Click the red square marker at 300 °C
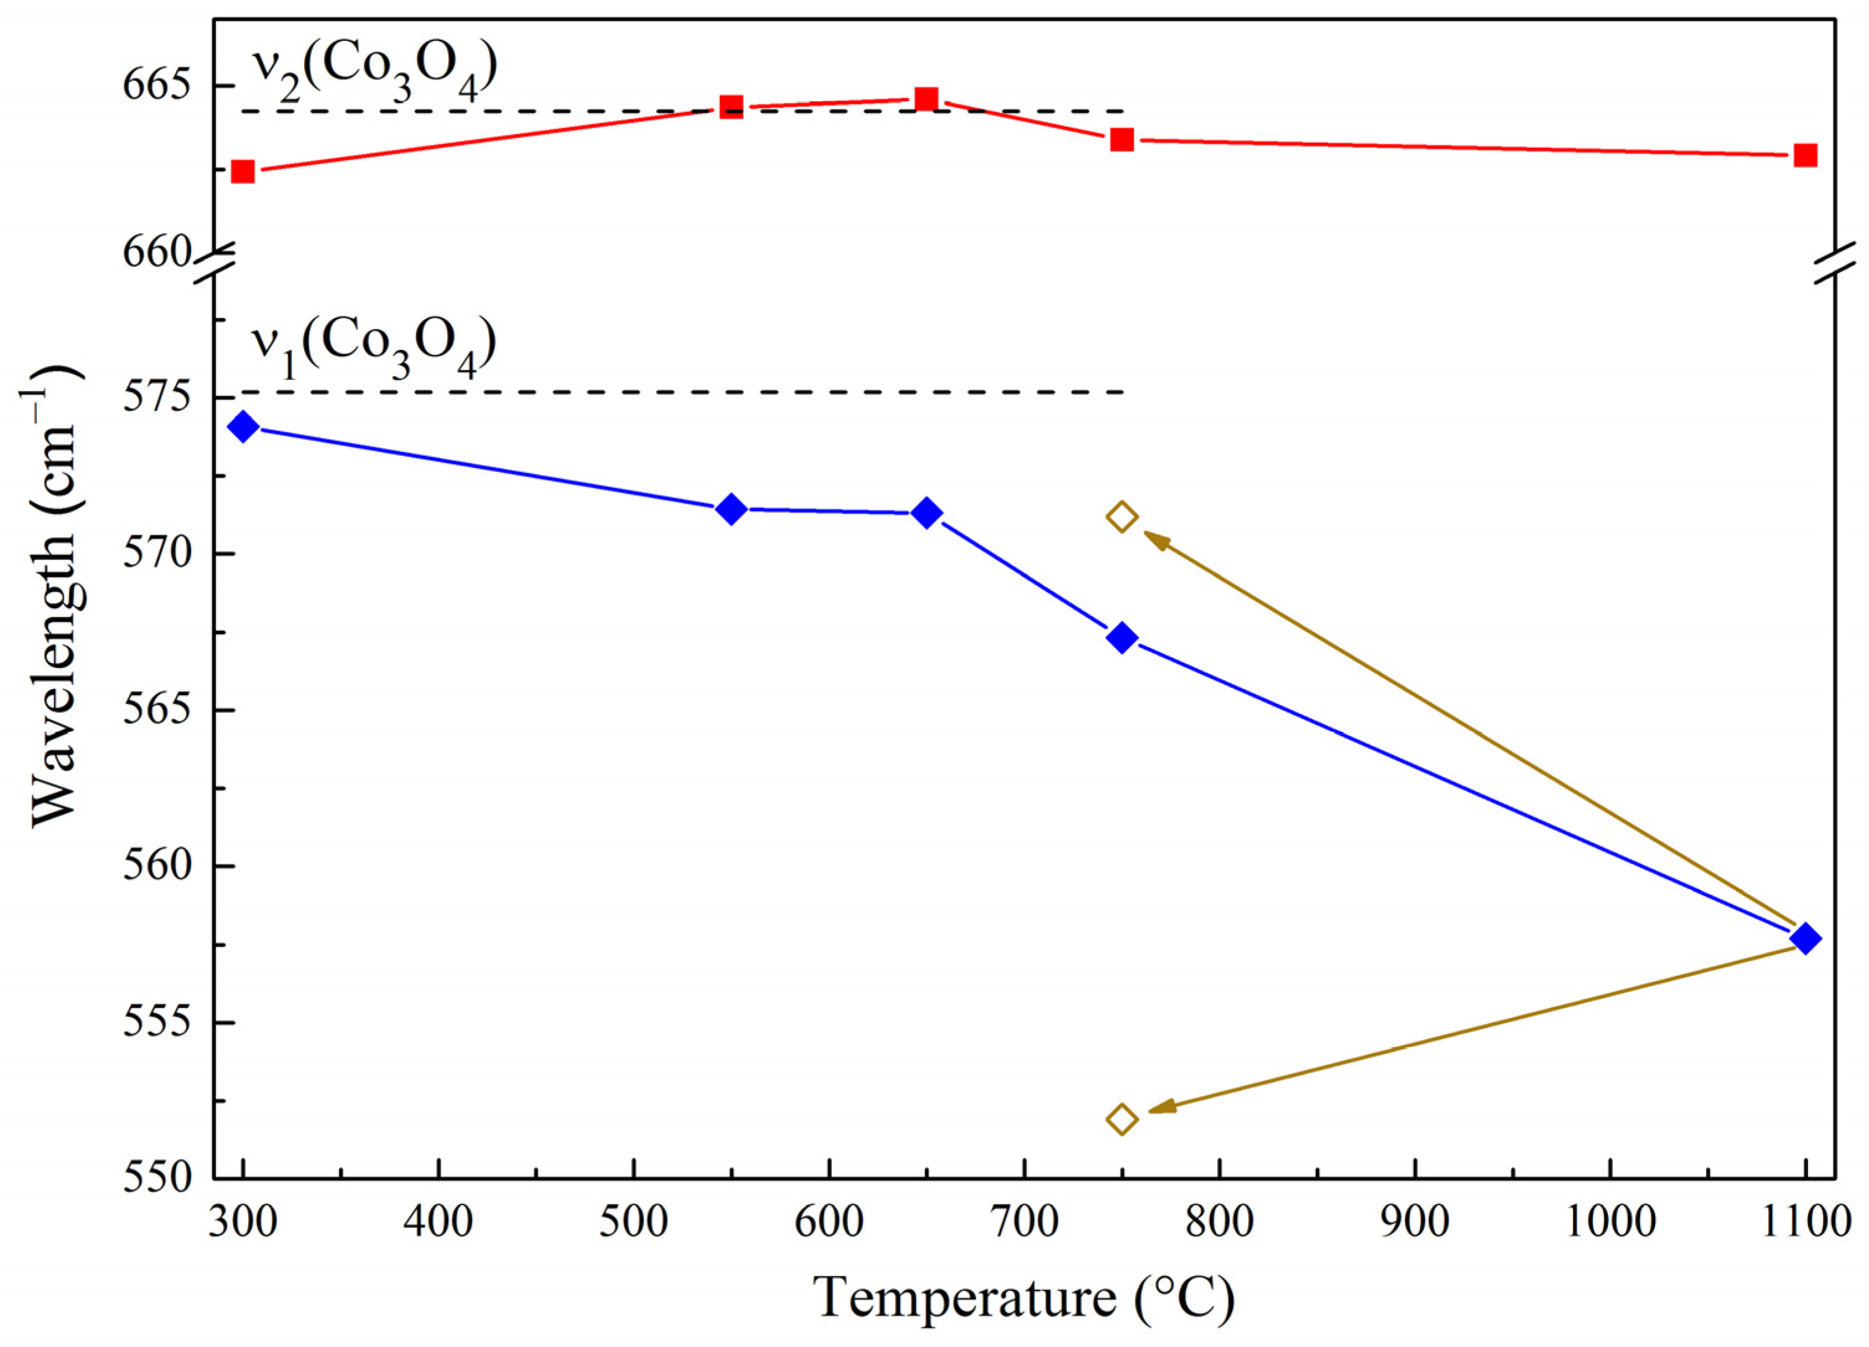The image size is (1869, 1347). [242, 172]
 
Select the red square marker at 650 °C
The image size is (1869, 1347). [926, 99]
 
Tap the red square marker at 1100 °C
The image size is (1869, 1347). [1806, 155]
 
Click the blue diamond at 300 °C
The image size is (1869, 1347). [242, 427]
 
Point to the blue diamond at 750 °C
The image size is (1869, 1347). [1122, 637]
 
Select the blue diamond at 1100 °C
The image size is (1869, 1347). [1806, 938]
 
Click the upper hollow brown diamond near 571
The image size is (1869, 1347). [1122, 517]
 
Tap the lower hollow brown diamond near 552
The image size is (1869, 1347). [1122, 1119]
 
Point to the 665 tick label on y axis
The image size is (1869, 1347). [157, 85]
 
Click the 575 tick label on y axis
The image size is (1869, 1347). [157, 397]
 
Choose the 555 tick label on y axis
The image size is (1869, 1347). [157, 1022]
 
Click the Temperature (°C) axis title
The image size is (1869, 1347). [1024, 1299]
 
